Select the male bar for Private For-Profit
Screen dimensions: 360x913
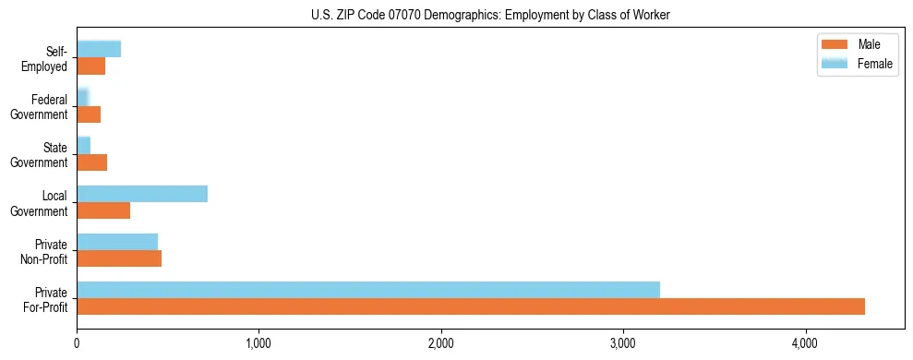pos(471,306)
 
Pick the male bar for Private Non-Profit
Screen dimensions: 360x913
pos(119,258)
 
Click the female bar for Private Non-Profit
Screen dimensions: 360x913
pos(117,242)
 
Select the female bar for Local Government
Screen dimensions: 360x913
pos(142,194)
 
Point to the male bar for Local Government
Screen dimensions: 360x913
pos(103,210)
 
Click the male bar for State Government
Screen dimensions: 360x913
pos(91,162)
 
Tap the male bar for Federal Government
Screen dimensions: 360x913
pos(89,114)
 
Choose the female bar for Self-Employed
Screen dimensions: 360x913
pos(99,50)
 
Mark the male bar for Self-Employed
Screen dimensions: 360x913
pos(90,66)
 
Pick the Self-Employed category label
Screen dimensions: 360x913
pos(49,58)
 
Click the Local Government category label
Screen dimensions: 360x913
pos(42,203)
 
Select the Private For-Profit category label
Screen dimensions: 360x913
pos(45,299)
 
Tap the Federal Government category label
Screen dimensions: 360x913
pos(42,107)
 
